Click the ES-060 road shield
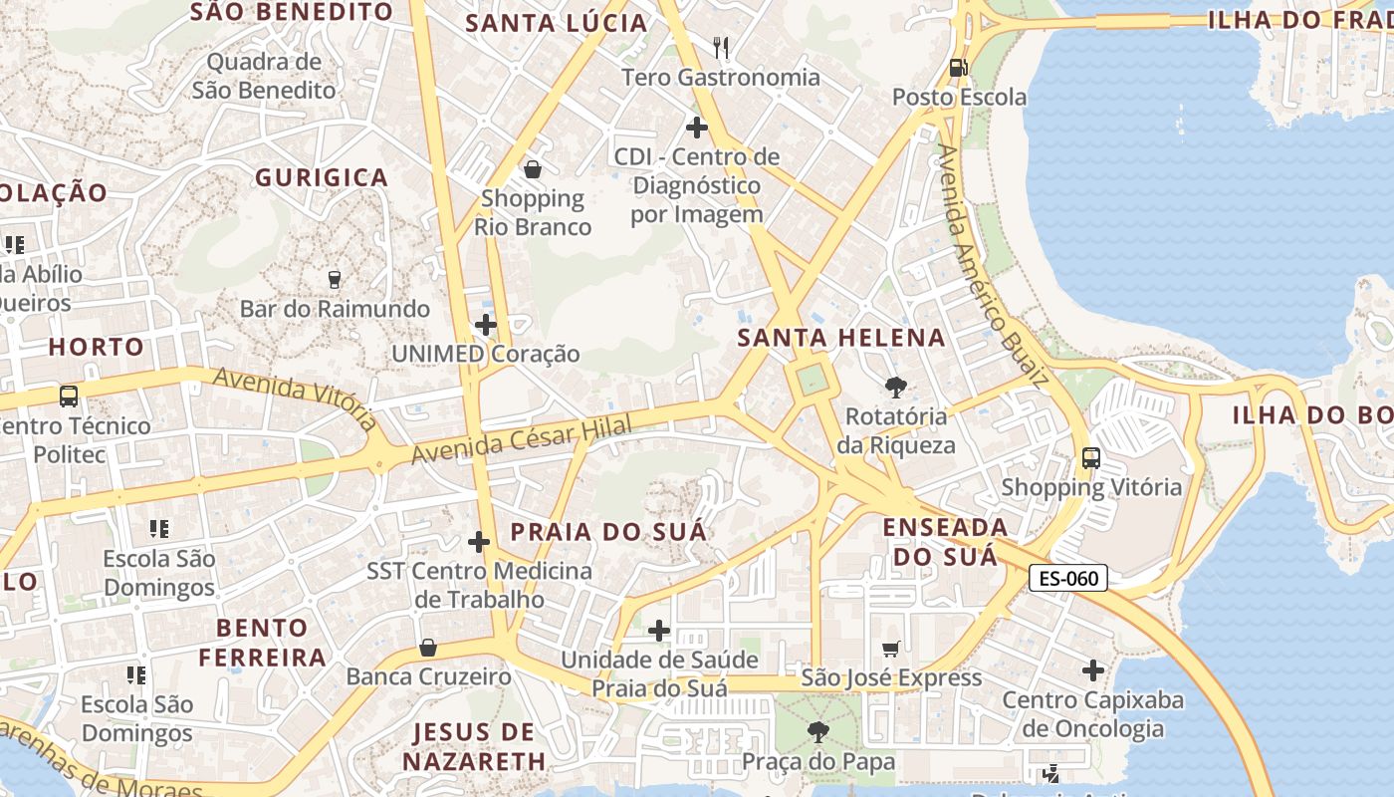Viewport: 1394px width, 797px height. (1067, 578)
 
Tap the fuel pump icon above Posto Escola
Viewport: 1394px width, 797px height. (959, 68)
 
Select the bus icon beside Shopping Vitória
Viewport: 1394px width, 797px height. (1091, 458)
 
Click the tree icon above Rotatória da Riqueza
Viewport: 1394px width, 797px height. (895, 387)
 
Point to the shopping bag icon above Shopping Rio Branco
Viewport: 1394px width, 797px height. (533, 169)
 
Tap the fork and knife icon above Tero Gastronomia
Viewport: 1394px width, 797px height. (721, 47)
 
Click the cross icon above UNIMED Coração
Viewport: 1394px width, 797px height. (486, 325)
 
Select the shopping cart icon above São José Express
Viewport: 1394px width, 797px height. (891, 649)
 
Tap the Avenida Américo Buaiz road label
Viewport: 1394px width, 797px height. (992, 265)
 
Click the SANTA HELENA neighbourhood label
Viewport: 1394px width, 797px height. (841, 338)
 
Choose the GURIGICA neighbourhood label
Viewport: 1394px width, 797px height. (322, 178)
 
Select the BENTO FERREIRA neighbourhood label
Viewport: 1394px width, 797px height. (263, 643)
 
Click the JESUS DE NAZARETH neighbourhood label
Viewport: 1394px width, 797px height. (474, 747)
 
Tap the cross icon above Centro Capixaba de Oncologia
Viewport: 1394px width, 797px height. (1093, 670)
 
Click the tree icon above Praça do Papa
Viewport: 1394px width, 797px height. (817, 733)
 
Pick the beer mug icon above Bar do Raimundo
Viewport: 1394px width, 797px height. (335, 280)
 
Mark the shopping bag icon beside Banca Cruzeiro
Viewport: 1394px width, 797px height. (428, 648)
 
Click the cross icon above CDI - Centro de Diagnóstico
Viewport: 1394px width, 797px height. (697, 128)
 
